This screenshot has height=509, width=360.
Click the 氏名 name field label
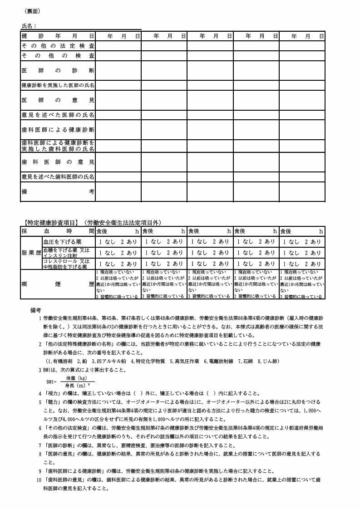click(29, 26)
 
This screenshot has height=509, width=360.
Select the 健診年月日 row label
click(58, 35)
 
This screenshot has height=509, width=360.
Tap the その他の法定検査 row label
click(58, 45)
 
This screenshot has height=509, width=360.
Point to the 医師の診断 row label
click(58, 70)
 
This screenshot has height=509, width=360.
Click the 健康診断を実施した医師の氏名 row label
click(58, 85)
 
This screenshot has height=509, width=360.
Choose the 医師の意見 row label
click(58, 100)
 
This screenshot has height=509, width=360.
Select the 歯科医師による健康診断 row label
click(58, 130)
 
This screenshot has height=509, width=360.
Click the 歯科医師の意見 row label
click(58, 162)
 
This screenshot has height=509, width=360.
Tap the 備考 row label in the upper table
click(58, 192)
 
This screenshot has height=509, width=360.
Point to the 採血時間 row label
click(58, 231)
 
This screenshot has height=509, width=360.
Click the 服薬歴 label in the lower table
click(31, 253)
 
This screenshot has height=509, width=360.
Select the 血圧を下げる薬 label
click(62, 241)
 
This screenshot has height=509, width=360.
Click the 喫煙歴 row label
click(58, 284)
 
